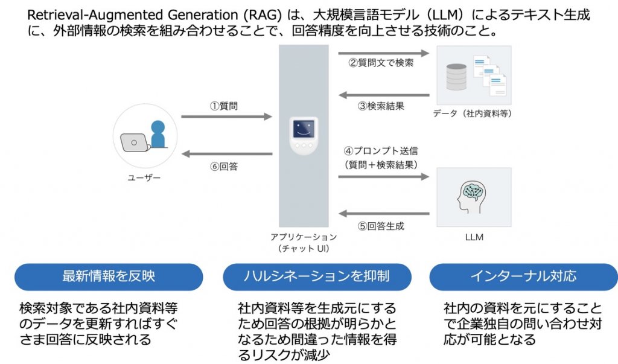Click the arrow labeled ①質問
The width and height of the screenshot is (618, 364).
(x=226, y=117)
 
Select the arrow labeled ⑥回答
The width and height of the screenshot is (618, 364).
(x=226, y=153)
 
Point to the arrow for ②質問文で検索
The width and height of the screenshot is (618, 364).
(x=383, y=53)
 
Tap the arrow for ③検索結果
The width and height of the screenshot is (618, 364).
(x=383, y=95)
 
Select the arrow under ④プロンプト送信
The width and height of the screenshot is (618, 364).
(x=383, y=177)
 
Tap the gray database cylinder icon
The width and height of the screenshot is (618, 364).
(x=456, y=77)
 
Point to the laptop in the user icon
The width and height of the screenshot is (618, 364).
(x=133, y=142)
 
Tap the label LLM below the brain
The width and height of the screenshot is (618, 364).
(x=474, y=237)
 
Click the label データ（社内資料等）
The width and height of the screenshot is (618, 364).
(x=473, y=113)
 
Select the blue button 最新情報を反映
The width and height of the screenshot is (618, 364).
(x=109, y=276)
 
